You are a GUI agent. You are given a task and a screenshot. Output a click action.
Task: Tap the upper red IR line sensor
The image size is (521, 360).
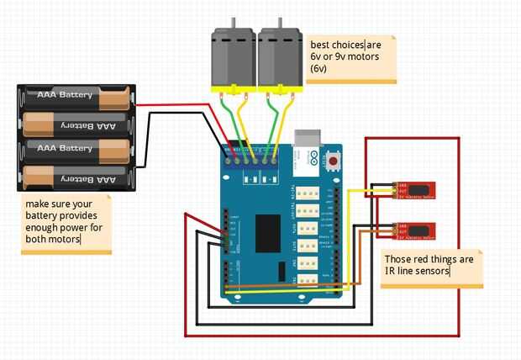coord(414,189)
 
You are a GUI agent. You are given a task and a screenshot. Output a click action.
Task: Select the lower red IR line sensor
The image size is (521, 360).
coord(414,229)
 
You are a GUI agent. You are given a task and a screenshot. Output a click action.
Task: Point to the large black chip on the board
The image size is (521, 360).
coord(267,231)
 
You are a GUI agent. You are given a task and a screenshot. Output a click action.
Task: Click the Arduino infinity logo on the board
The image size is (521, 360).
coord(312,156)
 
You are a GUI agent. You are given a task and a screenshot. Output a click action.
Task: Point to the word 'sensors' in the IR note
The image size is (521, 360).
coord(432,272)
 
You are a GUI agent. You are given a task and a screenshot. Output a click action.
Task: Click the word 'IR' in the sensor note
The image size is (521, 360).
coord(388,272)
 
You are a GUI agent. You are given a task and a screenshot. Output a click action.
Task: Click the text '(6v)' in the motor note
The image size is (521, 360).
coord(318,67)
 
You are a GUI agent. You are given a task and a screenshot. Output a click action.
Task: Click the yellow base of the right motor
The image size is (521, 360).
coord(281,88)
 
